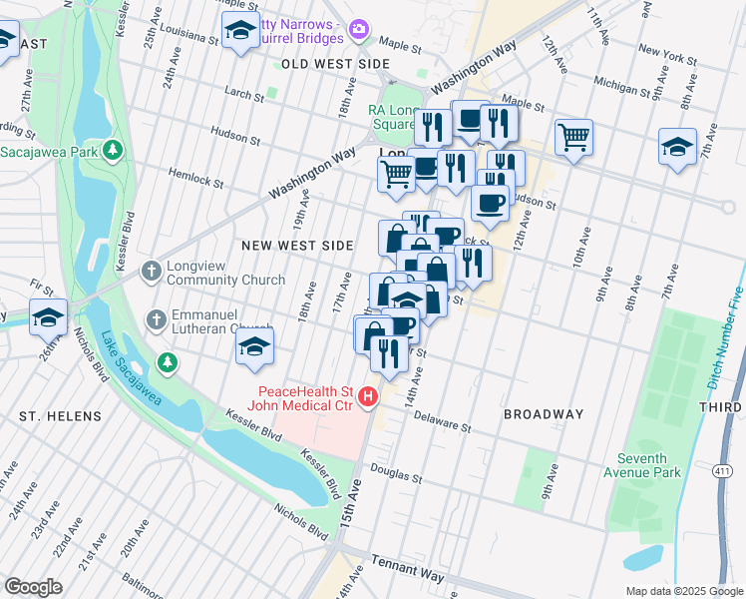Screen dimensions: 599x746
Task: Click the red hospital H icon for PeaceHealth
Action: (368, 397)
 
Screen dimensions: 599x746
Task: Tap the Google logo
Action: (33, 587)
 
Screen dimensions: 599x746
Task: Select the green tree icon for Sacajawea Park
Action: (114, 151)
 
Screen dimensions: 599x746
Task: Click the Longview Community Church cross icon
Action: (151, 271)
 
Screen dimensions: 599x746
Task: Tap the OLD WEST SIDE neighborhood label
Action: (335, 63)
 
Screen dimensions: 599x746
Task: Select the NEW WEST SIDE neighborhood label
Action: (298, 246)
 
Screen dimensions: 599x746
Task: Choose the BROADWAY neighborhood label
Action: (544, 414)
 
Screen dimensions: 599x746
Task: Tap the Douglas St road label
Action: (397, 470)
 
